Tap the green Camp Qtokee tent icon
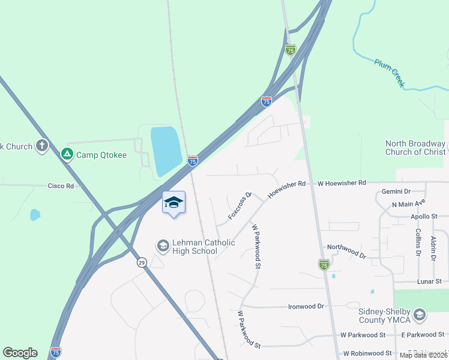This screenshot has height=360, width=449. (67, 155)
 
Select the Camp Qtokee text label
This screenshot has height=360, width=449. (101, 155)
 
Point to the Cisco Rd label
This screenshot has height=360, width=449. (61, 186)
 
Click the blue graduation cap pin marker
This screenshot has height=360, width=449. (173, 203)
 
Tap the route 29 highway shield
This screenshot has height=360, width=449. (142, 262)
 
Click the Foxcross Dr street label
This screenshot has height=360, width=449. (240, 206)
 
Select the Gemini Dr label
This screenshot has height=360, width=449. (396, 191)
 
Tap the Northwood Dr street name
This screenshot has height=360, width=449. (346, 251)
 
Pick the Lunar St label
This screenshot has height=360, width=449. (429, 281)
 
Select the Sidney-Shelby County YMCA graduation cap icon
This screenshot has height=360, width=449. (420, 315)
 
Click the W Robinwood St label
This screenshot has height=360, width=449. (367, 354)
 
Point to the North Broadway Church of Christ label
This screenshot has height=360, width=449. (415, 148)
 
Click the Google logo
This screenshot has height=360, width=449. (20, 353)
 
